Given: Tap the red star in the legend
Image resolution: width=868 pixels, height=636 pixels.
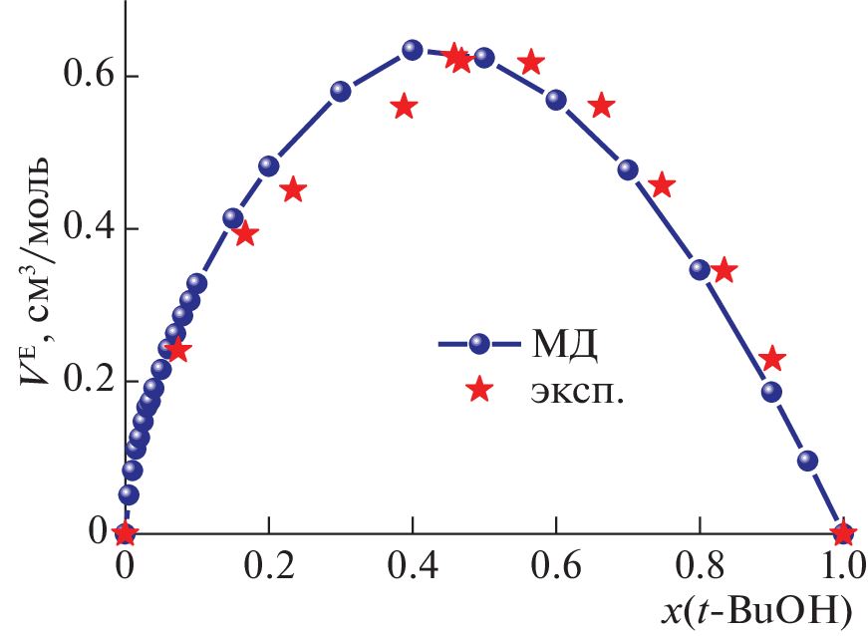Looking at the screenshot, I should [x=479, y=391].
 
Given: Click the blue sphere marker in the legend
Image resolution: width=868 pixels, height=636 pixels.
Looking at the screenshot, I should [x=479, y=344].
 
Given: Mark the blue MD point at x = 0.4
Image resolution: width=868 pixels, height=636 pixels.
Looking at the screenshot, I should [x=413, y=50].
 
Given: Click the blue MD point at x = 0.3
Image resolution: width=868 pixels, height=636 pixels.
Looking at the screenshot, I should [x=341, y=92].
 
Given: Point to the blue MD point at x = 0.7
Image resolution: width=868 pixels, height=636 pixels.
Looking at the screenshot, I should [x=628, y=169].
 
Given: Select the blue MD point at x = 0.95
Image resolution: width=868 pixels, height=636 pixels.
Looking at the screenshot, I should [x=807, y=461].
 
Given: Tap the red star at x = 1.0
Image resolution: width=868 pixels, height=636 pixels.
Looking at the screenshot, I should [x=843, y=533].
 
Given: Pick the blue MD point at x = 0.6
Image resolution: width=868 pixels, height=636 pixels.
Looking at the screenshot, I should [x=556, y=100].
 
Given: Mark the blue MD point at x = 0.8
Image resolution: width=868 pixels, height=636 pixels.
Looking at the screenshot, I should [x=700, y=269].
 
